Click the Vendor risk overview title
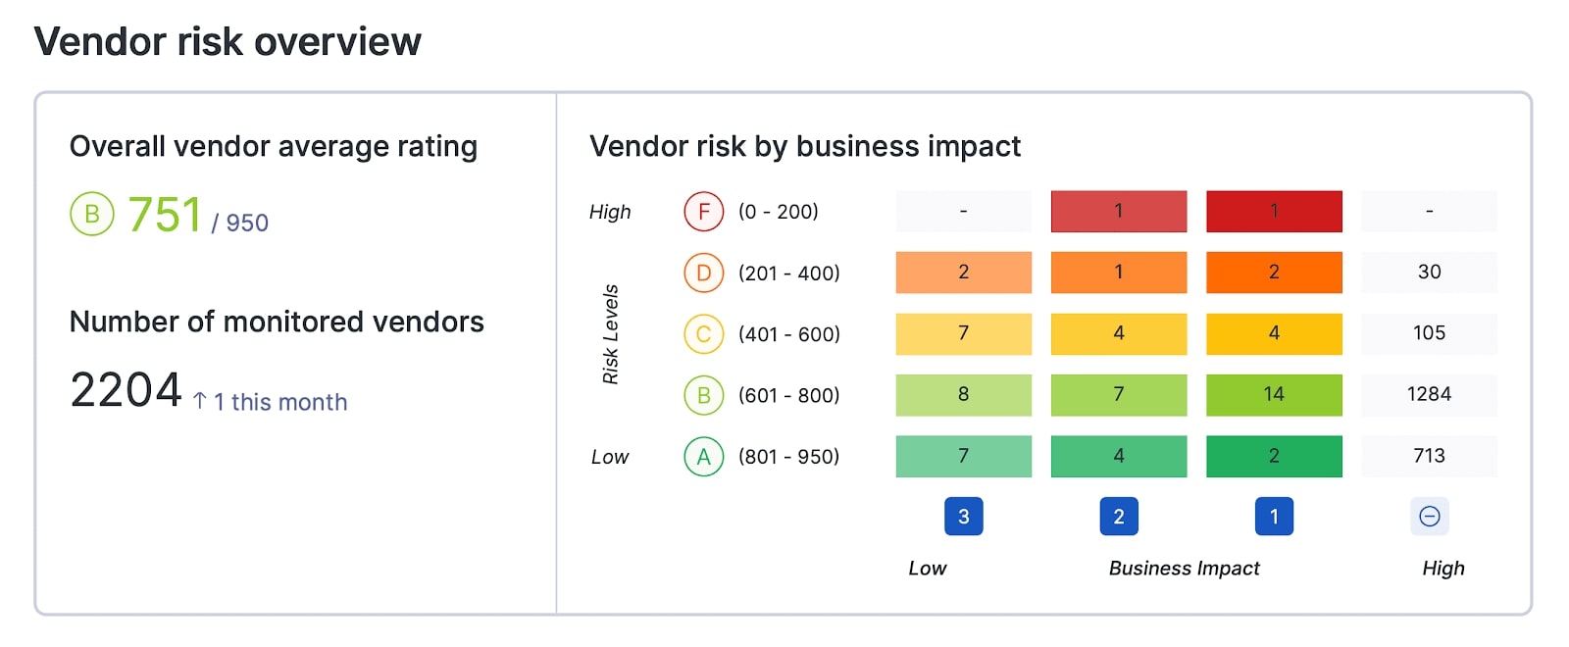point(228,42)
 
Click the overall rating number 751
point(165,215)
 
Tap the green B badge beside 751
point(92,215)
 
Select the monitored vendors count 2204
point(126,390)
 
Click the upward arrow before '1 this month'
point(200,401)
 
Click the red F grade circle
point(703,212)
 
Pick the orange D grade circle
point(703,273)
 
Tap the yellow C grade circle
point(703,334)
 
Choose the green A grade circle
point(703,457)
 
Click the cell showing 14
point(1273,395)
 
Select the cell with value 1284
point(1429,395)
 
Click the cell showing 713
point(1429,457)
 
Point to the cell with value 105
point(1429,334)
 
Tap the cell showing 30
point(1429,273)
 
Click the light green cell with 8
point(963,395)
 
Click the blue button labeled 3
point(963,517)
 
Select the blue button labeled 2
point(1118,517)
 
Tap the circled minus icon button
point(1429,517)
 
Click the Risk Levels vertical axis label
point(610,334)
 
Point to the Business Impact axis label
point(1184,569)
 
